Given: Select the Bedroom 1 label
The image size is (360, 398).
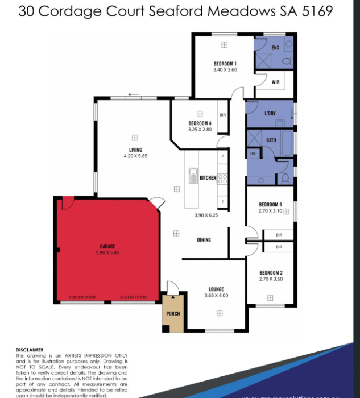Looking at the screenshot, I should coord(225,63).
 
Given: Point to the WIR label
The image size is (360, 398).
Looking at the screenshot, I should coord(275,82).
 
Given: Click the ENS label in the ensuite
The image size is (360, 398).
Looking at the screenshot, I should coord(275,48).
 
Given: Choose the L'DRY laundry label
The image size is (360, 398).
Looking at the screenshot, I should coord(270,113).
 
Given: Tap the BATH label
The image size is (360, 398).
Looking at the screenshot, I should coord(271,140).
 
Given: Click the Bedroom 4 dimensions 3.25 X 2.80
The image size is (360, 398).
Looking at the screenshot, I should coord(200,130).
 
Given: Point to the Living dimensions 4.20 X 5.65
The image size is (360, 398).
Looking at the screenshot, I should coord(135,156).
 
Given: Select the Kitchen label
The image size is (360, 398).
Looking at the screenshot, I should coord(208,178).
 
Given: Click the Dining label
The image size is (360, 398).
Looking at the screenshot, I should coord(204,240).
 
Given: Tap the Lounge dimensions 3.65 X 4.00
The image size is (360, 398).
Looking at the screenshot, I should coord(216,296).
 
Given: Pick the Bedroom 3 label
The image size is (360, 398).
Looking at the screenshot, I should coord(270,205).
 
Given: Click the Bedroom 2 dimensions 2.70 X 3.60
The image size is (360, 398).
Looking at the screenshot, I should coord(270,279).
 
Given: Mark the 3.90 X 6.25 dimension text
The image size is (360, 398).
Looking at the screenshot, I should coord(206,215).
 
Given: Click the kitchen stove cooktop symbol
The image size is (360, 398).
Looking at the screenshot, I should coord(222,179).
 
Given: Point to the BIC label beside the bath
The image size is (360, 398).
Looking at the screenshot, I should coord(253,153).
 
